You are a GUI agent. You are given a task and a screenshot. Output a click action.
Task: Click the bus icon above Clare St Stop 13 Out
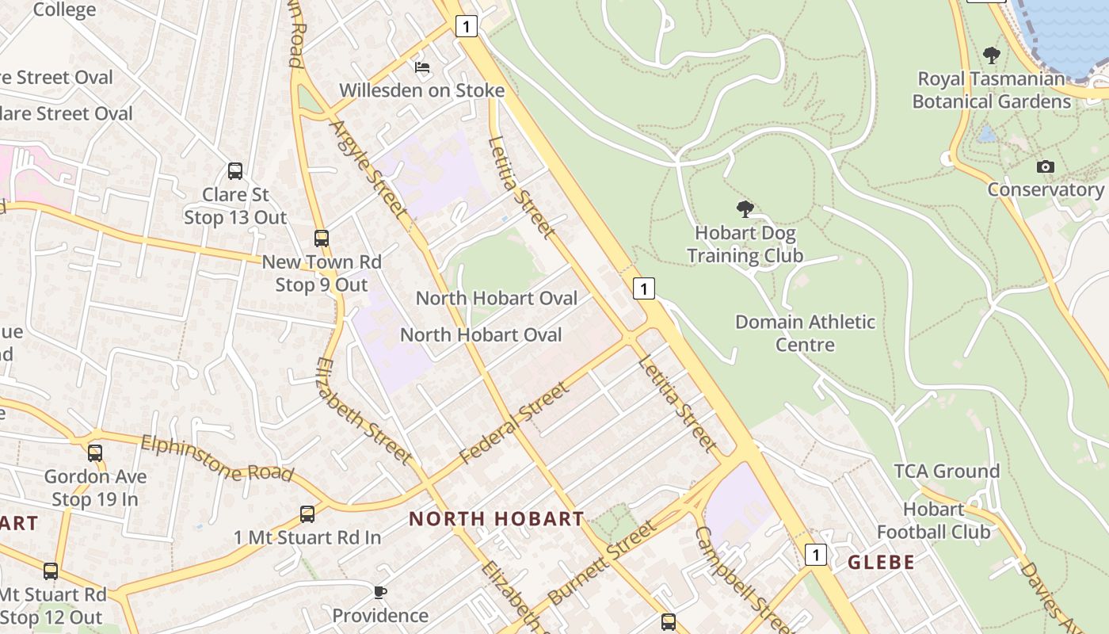235,170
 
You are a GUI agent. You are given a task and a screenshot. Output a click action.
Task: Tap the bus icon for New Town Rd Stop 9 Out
321,238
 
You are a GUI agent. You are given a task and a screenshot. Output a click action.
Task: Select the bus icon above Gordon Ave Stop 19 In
95,453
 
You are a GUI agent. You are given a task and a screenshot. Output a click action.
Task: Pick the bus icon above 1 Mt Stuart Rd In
307,514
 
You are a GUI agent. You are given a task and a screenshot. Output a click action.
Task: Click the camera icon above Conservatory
1046,166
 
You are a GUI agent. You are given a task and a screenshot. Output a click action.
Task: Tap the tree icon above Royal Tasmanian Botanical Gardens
991,55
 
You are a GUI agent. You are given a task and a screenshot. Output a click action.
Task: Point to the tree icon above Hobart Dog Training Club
745,209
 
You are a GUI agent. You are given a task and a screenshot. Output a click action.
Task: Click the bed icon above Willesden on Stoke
422,67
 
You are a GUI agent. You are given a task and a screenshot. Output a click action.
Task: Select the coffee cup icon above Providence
380,591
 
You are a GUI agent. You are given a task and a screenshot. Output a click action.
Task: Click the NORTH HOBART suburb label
497,519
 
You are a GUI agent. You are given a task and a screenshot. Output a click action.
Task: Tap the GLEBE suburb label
882,563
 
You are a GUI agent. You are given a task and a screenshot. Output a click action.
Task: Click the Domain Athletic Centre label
806,333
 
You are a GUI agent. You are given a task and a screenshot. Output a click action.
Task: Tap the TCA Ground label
947,472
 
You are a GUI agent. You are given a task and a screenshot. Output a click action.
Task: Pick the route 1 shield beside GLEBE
815,554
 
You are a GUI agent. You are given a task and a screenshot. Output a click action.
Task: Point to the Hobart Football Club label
934,520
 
